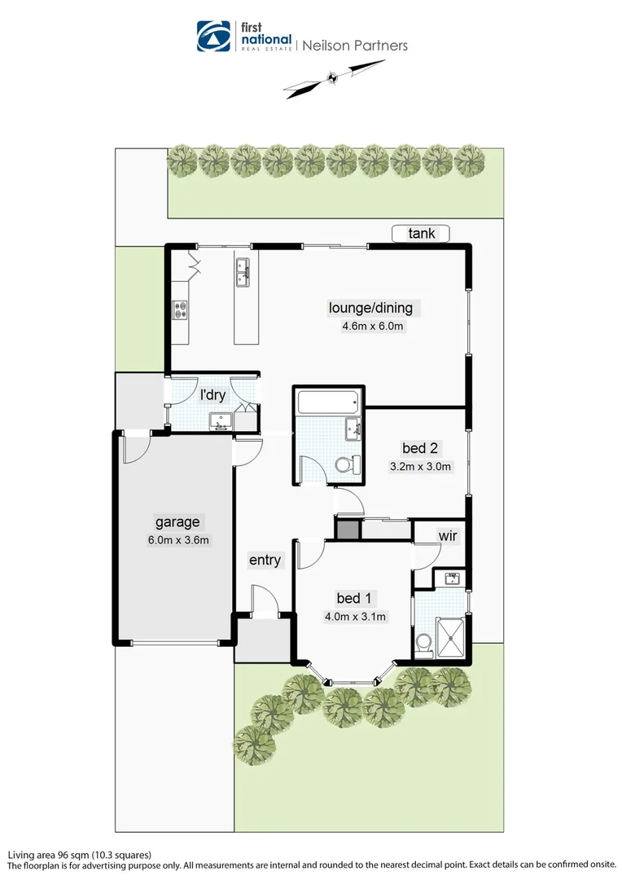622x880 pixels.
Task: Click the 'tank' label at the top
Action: tap(422, 234)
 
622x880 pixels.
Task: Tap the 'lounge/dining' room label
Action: tap(370, 308)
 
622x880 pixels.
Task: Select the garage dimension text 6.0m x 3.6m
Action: tap(177, 539)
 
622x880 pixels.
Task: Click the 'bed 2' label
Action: tap(420, 448)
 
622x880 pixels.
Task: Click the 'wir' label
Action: tap(447, 536)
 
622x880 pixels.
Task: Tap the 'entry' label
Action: tap(265, 560)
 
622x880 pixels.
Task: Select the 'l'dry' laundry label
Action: tap(212, 395)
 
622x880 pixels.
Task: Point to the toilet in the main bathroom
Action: tap(347, 465)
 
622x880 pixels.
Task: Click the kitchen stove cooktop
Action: tap(180, 310)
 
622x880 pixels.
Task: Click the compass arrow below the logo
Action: tap(332, 79)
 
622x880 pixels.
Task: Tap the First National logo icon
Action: tap(214, 37)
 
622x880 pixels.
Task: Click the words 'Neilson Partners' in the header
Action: tap(355, 46)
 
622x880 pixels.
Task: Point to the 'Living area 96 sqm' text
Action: tap(79, 855)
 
